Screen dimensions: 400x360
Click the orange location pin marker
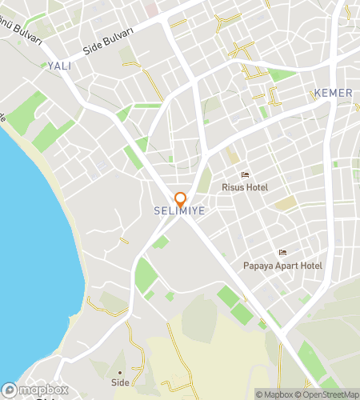coord(181,199)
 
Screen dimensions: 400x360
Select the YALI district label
coord(59,66)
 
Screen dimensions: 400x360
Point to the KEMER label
coord(334,93)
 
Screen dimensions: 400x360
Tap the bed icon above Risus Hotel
coord(246,175)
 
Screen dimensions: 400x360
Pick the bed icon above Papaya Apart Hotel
coord(282,253)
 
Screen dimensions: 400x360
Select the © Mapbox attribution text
coord(274,394)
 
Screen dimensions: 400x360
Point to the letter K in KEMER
coord(318,93)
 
